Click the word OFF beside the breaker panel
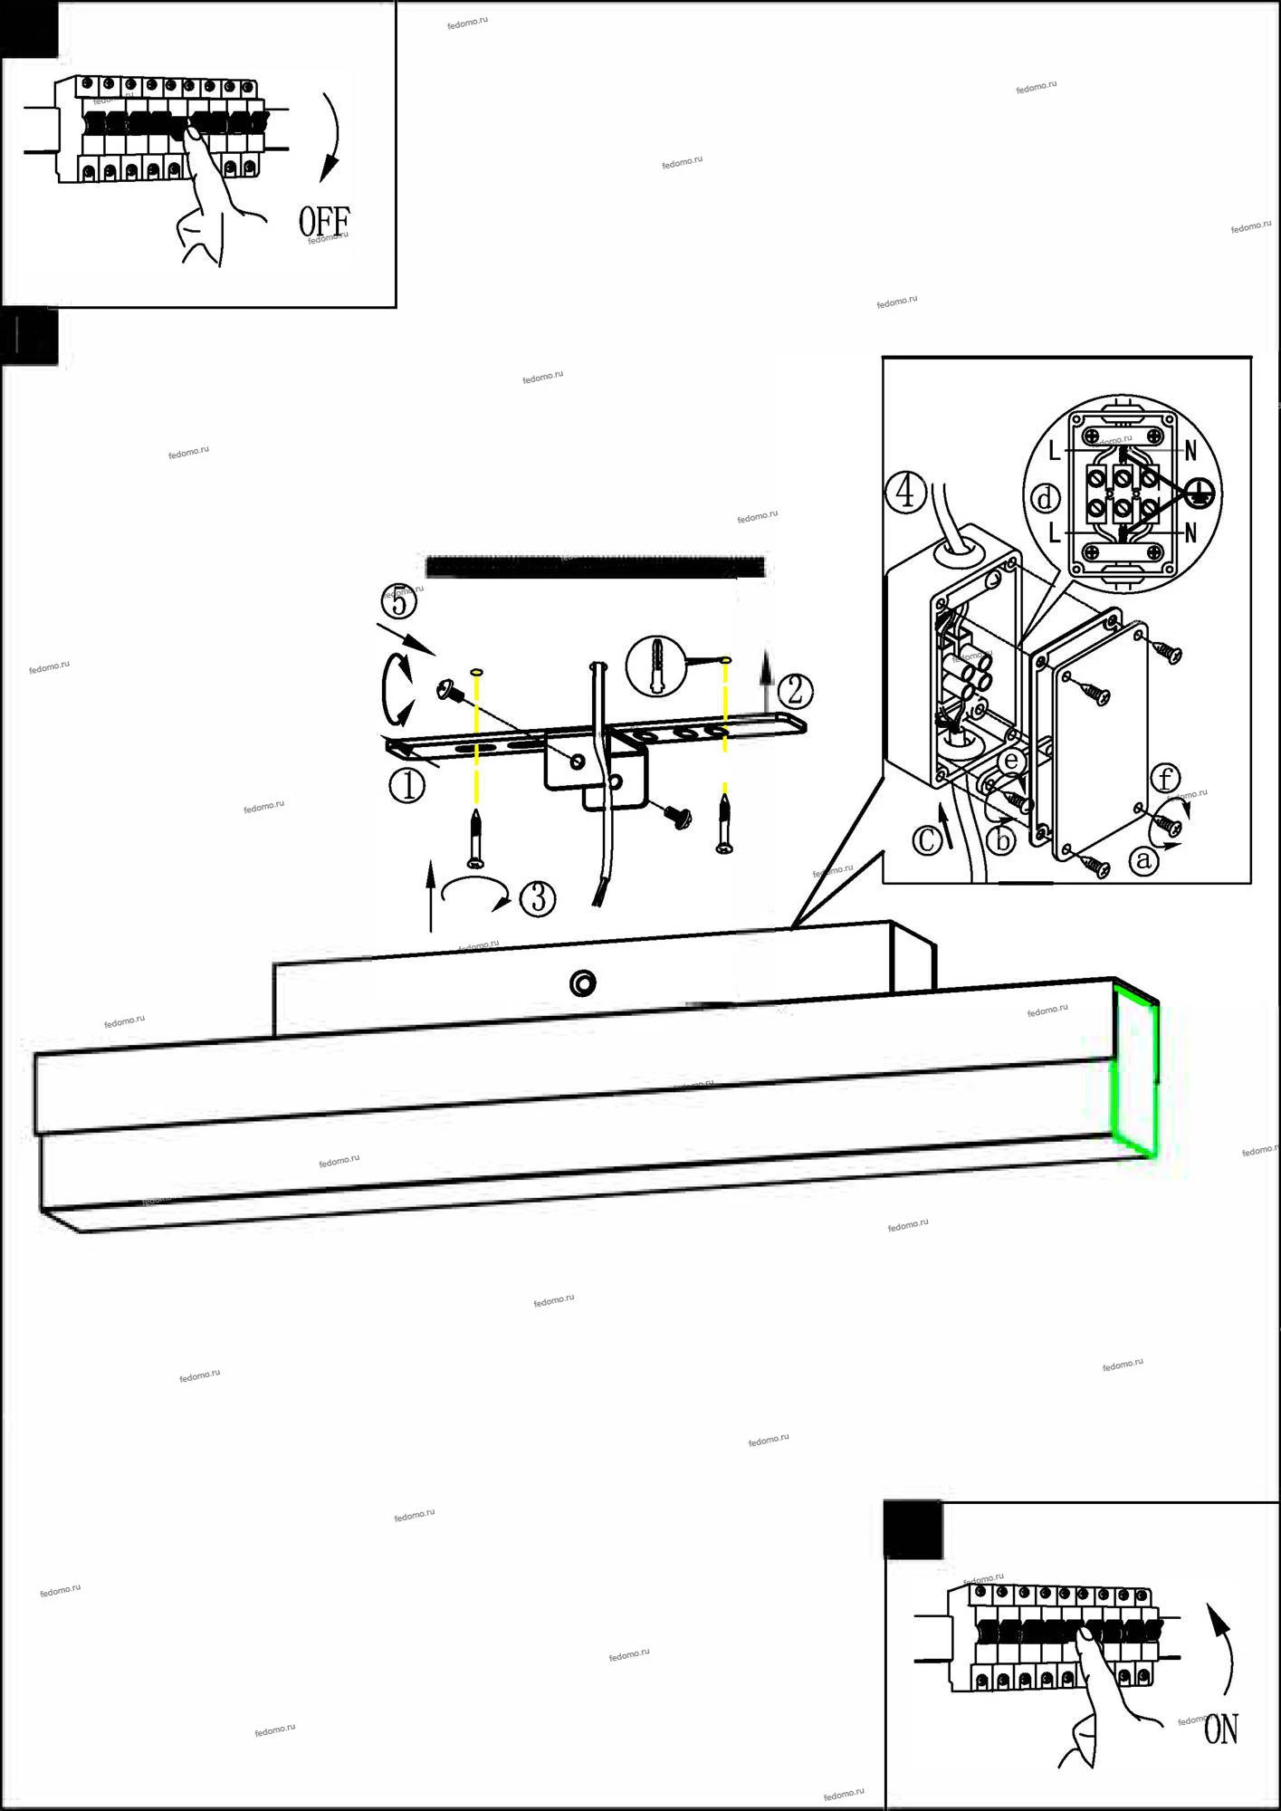tap(324, 222)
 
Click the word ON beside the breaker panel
tap(1221, 1730)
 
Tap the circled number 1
tap(407, 785)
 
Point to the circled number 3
tap(538, 897)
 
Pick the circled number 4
tap(905, 494)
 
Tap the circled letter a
tap(1144, 859)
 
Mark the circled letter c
tap(926, 839)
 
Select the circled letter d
tap(1046, 498)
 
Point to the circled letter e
tap(1011, 762)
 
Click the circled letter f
tap(1166, 779)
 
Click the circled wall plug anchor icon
tap(656, 666)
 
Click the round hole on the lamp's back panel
tap(583, 982)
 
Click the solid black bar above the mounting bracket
tap(595, 567)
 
